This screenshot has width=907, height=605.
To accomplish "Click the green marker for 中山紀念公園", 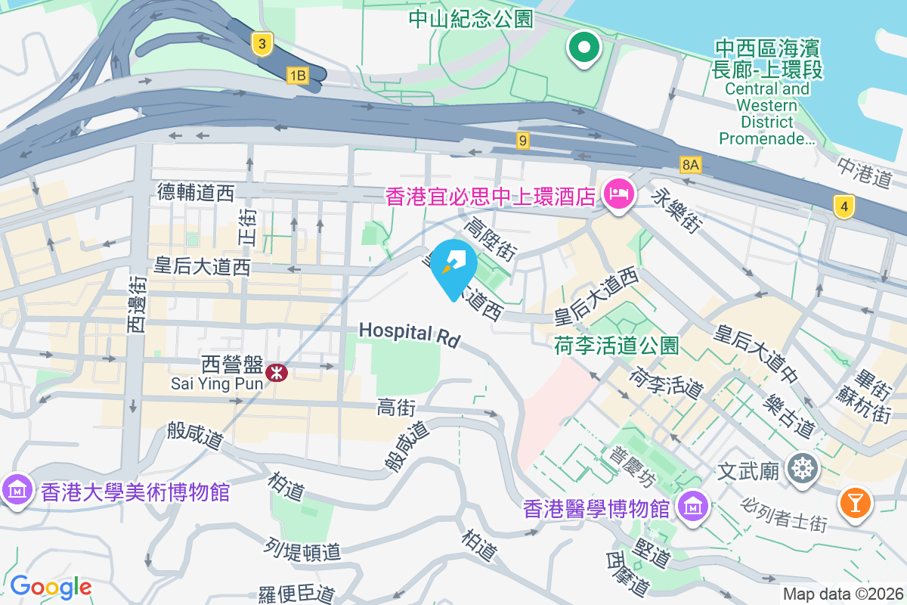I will (584, 48).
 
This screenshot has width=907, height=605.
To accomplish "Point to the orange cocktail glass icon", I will (855, 503).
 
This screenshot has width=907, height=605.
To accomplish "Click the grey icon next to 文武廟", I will (801, 469).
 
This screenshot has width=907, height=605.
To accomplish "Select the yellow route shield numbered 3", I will (262, 45).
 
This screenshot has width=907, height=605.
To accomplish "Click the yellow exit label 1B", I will (297, 75).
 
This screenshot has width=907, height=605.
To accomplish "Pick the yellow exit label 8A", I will (691, 164).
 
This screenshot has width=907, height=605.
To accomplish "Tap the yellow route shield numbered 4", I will (844, 206).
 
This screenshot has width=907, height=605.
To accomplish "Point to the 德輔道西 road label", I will (196, 193).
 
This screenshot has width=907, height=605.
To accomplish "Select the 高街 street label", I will (396, 408).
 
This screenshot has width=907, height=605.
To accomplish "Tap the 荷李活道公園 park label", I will (616, 346).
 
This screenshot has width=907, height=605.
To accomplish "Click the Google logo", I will (51, 587).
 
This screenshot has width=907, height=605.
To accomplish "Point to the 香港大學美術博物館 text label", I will (135, 493).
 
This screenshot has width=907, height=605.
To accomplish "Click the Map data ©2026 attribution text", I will (842, 594).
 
